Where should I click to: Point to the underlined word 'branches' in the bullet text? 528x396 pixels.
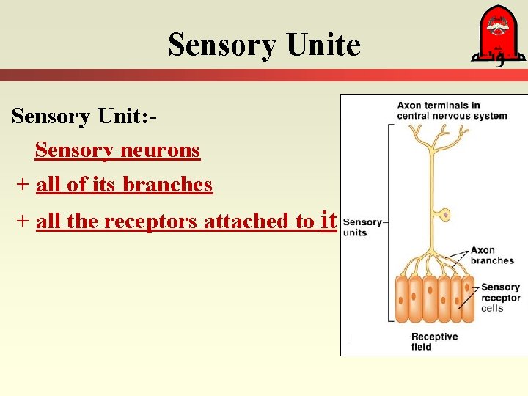coord(168,185)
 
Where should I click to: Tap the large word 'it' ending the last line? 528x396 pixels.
coord(329,219)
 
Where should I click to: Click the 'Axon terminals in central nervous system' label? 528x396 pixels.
coord(452,110)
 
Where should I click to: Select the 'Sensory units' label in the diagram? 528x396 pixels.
coord(362,227)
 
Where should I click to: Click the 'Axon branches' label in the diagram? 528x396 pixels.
coord(492,255)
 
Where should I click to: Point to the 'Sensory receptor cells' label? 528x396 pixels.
coord(500,297)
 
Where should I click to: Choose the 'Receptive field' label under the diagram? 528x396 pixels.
coord(434,341)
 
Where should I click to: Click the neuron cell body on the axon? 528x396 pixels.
coord(443,215)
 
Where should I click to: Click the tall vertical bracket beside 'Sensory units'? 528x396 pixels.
coord(389,220)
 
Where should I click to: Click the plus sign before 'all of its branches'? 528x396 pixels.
coord(23,185)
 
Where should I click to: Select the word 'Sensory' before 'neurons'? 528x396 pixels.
coord(71,150)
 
